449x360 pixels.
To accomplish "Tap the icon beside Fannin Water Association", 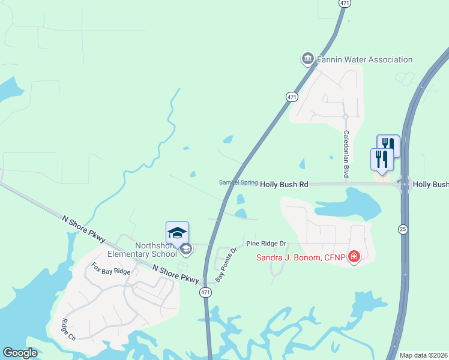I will pyautogui.click(x=307, y=58).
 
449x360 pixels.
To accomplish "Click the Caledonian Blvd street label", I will pyautogui.click(x=346, y=154).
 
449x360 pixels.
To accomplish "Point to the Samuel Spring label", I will pyautogui.click(x=238, y=182).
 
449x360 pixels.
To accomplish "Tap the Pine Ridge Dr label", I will pyautogui.click(x=267, y=244).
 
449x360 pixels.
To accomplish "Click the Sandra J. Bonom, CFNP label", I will pyautogui.click(x=301, y=258).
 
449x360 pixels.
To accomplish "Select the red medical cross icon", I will pyautogui.click(x=354, y=257).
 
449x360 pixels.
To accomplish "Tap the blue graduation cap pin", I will pyautogui.click(x=178, y=233).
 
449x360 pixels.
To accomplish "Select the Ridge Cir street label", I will pyautogui.click(x=68, y=329).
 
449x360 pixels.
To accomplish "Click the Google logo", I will pyautogui.click(x=20, y=353).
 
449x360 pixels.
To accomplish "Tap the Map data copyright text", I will pyautogui.click(x=423, y=355).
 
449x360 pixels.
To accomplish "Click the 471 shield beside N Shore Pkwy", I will pyautogui.click(x=205, y=292).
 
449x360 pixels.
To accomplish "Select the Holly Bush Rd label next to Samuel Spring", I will pyautogui.click(x=284, y=185).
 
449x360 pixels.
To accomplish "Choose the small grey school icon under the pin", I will pyautogui.click(x=186, y=248).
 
